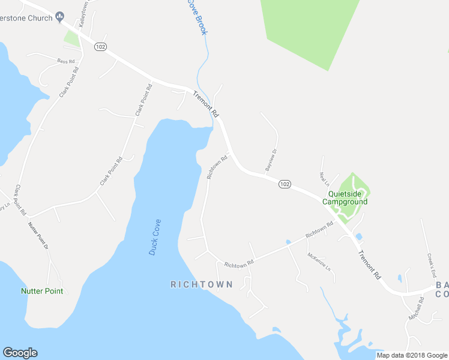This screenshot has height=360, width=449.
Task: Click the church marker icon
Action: click(x=59, y=17)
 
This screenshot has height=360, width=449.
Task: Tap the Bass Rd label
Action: click(x=66, y=61)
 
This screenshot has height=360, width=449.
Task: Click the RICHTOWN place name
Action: click(x=201, y=284)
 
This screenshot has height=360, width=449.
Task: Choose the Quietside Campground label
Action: click(x=345, y=198)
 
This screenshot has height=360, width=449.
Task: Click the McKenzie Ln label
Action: click(x=319, y=261)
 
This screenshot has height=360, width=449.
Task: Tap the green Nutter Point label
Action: click(x=42, y=291)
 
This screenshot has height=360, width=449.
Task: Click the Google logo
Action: click(x=20, y=353)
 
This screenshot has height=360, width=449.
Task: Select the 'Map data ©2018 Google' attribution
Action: click(x=412, y=355)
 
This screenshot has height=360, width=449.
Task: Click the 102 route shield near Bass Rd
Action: click(x=100, y=47)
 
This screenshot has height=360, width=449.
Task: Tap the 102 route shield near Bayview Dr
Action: click(x=285, y=184)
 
